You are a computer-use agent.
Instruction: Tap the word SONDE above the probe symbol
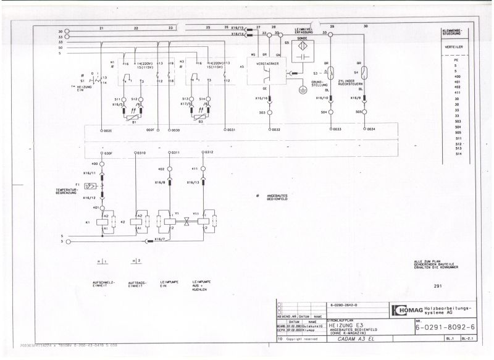(303, 38)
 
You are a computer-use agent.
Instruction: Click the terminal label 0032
(275, 130)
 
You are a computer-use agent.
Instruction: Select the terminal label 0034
(371, 130)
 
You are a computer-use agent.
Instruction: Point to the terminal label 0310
(141, 152)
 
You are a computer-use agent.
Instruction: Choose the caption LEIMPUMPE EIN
(168, 283)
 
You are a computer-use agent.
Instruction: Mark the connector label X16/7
(159, 238)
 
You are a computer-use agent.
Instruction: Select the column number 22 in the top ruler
(136, 28)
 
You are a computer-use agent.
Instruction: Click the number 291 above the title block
(438, 286)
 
